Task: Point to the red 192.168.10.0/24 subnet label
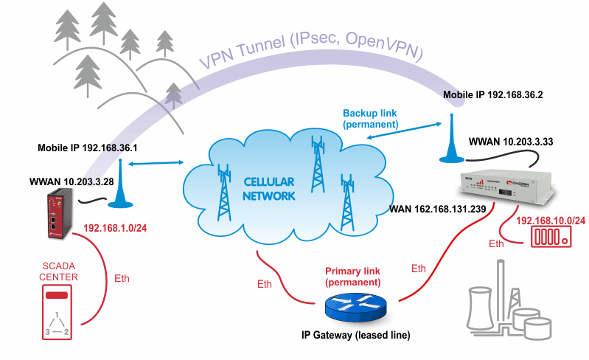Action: (x=551, y=221)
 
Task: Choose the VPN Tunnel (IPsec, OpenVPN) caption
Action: (x=310, y=49)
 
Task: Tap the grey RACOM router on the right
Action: (x=509, y=187)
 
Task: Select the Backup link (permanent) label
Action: (x=370, y=119)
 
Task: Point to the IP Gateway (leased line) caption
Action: (x=356, y=336)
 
